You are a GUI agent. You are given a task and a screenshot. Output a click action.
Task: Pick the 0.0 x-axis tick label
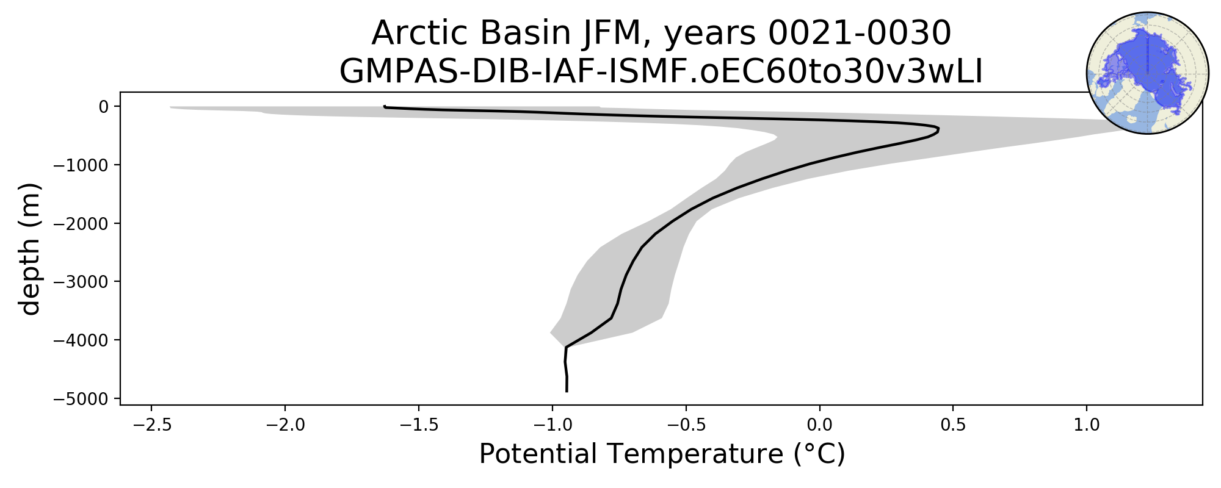pyautogui.click(x=820, y=425)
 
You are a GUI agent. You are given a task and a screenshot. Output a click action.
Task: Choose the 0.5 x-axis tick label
pyautogui.click(x=954, y=425)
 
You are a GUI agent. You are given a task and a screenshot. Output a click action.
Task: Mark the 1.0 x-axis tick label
pyautogui.click(x=1087, y=425)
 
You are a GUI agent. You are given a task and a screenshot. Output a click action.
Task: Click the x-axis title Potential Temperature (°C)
pyautogui.click(x=662, y=455)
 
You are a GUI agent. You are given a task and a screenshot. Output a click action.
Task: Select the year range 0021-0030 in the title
pyautogui.click(x=860, y=33)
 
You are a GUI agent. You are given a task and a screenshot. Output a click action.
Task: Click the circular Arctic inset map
pyautogui.click(x=1148, y=73)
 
